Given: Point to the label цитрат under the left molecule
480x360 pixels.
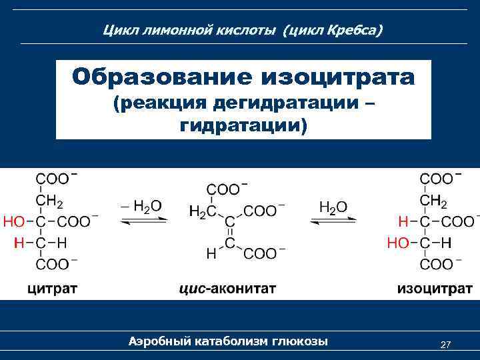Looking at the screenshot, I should tap(52, 289).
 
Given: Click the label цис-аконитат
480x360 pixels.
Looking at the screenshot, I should tap(227, 289).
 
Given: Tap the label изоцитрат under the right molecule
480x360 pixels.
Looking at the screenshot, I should tap(435, 289).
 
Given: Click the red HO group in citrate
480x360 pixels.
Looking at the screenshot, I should tap(15, 221).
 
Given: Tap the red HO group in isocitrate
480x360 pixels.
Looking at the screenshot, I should tap(399, 243).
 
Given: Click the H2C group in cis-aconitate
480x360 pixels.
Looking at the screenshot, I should tap(202, 211).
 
